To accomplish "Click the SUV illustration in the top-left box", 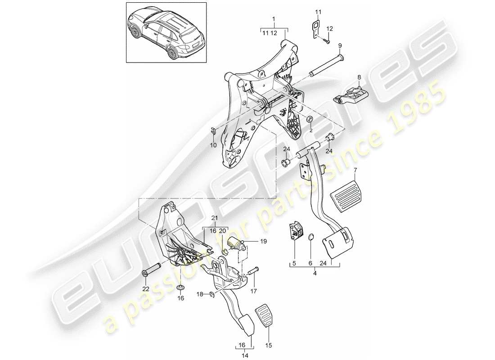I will (x=166, y=32).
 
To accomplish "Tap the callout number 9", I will (x=340, y=45).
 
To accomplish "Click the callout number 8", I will (x=359, y=77).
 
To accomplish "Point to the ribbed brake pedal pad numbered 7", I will (x=347, y=196).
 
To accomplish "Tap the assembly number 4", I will (x=314, y=273).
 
